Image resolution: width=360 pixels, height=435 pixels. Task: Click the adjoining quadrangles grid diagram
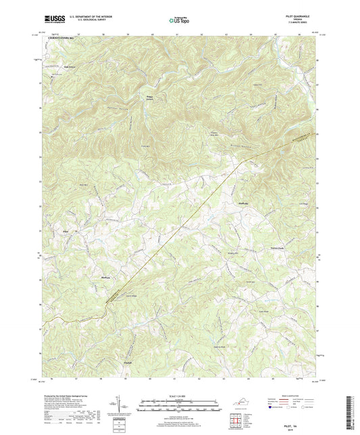tap(235, 420)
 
